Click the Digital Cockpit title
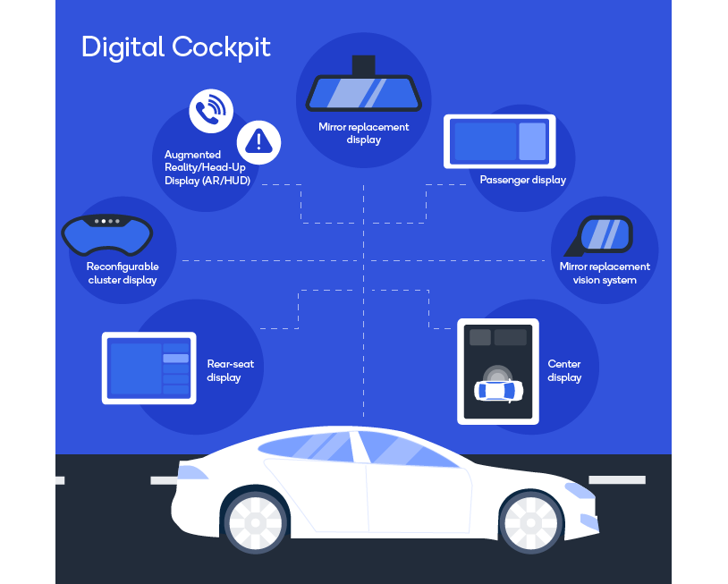(x=176, y=47)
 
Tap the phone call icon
(x=211, y=111)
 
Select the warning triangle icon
(x=258, y=142)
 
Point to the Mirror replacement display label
(x=363, y=133)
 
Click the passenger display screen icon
(x=500, y=141)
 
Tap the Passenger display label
(x=523, y=180)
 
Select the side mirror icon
(x=599, y=236)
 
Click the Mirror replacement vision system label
(x=605, y=274)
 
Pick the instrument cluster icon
(x=107, y=235)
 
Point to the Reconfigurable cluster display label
(x=123, y=274)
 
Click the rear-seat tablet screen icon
(x=149, y=368)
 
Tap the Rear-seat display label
(x=230, y=370)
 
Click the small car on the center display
(x=498, y=390)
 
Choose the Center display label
(x=564, y=370)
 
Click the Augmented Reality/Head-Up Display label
(x=207, y=167)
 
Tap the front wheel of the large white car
(x=531, y=523)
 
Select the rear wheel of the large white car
(x=255, y=523)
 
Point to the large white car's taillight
(x=191, y=472)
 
